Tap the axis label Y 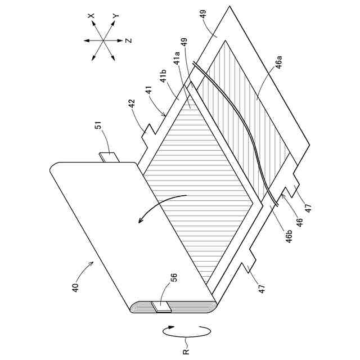(x=116, y=17)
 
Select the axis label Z (x=128, y=40)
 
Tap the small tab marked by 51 (x=109, y=156)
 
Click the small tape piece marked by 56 (x=161, y=306)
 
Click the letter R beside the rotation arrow (x=186, y=352)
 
